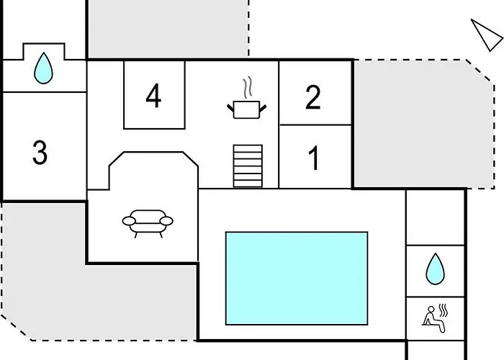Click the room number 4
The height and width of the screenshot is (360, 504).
153,96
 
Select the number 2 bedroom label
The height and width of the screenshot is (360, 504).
312,97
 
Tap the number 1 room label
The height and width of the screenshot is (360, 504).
314,158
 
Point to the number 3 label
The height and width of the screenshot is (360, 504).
40,153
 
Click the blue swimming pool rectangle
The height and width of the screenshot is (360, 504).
297,279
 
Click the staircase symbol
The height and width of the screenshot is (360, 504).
248,166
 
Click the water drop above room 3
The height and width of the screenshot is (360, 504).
43,68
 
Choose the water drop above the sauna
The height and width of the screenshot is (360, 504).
435,269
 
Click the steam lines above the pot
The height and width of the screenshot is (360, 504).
247,87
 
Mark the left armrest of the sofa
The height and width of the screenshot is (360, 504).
129,221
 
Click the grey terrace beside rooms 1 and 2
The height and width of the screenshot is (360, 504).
423,124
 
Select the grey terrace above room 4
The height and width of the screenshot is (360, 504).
168,28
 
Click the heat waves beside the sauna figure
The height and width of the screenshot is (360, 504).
444,310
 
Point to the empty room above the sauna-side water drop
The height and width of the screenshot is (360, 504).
435,217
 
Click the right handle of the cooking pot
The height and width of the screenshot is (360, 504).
263,108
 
